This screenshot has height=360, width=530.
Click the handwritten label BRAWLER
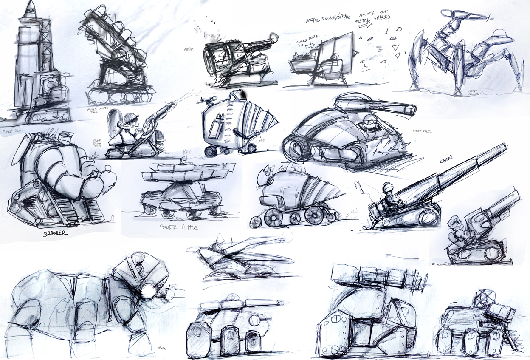pos(55,234)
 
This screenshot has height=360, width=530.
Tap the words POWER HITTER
pos(178,227)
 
